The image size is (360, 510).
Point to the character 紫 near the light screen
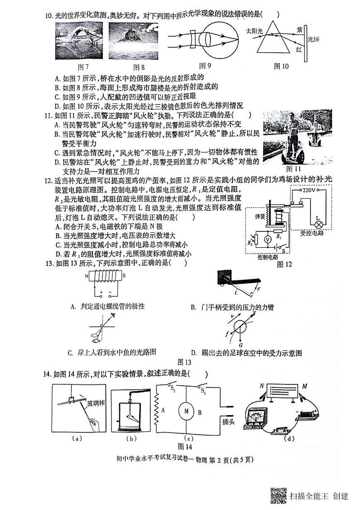(299, 29)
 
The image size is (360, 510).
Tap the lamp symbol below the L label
(319, 224)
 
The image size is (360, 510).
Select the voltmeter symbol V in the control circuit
(268, 238)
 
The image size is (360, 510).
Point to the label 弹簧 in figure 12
(260, 216)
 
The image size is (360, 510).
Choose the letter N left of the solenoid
(86, 276)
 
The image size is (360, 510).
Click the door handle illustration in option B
(236, 280)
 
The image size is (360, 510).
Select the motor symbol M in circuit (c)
(185, 412)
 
